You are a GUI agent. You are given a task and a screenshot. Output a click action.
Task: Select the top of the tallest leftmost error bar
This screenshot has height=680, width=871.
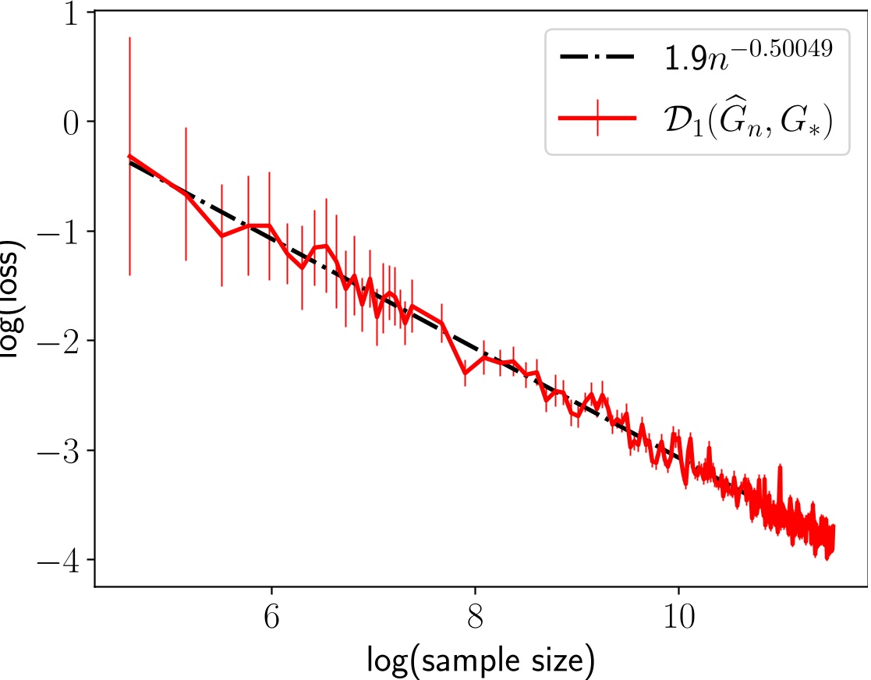(129, 37)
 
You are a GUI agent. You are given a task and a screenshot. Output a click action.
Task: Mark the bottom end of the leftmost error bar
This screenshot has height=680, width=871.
(129, 275)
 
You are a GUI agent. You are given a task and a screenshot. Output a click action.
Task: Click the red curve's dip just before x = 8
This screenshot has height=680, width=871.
(466, 374)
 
